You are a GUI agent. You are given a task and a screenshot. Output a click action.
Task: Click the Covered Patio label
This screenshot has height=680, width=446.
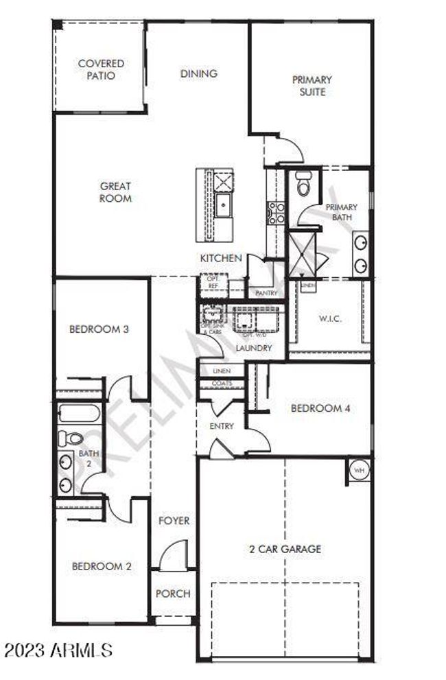point(101,70)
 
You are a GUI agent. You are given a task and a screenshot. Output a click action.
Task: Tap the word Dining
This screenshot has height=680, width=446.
point(199,73)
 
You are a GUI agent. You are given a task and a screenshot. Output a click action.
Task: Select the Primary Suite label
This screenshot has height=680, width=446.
point(312,86)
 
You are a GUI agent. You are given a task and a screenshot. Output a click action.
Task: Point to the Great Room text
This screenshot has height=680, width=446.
point(115,192)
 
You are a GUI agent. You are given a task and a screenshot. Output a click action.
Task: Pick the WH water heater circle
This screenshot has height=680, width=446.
point(359,471)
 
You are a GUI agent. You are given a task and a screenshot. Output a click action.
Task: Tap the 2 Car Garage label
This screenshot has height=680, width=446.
point(285,549)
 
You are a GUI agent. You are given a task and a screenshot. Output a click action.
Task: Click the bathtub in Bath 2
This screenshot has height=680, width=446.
point(80,414)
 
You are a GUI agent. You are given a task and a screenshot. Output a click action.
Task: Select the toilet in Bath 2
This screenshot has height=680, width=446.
point(71,438)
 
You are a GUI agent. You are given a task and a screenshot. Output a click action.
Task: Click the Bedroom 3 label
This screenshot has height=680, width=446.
point(99,329)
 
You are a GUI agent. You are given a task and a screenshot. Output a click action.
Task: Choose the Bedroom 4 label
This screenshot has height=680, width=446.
point(321,408)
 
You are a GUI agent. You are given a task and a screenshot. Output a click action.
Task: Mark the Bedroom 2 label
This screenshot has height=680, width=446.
point(102,566)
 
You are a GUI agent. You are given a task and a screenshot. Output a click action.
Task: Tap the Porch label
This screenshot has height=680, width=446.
point(173,594)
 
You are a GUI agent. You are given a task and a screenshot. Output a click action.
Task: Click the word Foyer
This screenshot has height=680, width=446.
point(174,521)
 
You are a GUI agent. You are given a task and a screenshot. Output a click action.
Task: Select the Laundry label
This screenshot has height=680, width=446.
point(254,348)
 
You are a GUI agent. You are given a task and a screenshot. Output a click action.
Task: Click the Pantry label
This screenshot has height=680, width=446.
point(266,293)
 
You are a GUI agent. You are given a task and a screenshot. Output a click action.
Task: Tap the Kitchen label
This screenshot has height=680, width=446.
point(220,258)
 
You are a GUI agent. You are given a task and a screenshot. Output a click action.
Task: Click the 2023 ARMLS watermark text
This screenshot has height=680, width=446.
point(57,648)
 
